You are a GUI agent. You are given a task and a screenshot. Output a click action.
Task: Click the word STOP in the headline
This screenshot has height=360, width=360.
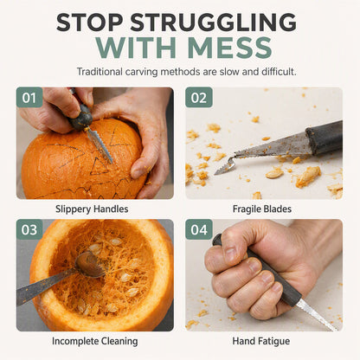pyautogui.click(x=89, y=22)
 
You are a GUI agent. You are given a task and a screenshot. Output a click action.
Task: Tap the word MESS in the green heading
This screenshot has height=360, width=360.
pyautogui.click(x=230, y=48)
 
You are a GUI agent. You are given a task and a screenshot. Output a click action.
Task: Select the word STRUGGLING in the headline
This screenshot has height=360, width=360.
pyautogui.click(x=213, y=22)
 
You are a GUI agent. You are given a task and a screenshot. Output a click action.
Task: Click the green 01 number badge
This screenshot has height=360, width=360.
pyautogui.click(x=29, y=98)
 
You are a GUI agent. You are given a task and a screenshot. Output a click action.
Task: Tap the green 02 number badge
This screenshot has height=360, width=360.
pyautogui.click(x=199, y=98)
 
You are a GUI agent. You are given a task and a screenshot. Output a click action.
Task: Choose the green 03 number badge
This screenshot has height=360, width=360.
pyautogui.click(x=29, y=229)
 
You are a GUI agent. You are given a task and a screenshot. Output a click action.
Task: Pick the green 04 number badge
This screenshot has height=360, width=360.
pyautogui.click(x=199, y=229)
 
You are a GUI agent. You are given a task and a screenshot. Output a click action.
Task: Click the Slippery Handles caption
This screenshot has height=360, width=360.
pyautogui.click(x=92, y=209)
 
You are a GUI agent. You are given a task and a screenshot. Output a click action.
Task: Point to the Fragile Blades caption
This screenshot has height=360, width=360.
pyautogui.click(x=262, y=209)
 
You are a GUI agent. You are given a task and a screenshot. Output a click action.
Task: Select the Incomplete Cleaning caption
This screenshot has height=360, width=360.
pyautogui.click(x=95, y=341)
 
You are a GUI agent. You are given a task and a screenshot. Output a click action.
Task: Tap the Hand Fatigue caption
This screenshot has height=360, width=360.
pyautogui.click(x=261, y=341)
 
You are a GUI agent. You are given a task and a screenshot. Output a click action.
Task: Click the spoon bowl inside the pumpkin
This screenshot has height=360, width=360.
pyautogui.click(x=89, y=265)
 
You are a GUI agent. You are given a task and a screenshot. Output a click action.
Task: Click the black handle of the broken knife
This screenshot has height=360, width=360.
pyautogui.click(x=325, y=138)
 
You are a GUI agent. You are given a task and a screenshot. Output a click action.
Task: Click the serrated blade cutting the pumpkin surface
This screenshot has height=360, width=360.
pyautogui.click(x=100, y=145)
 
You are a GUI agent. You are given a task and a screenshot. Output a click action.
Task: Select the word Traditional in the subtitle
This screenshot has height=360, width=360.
pyautogui.click(x=100, y=72)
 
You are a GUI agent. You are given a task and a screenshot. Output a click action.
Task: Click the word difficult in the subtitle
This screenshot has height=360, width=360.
pyautogui.click(x=279, y=72)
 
